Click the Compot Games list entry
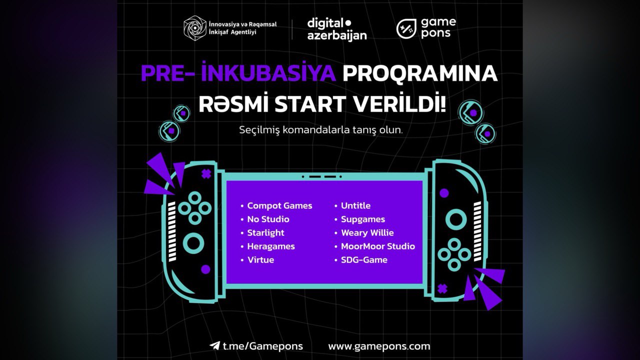pyautogui.click(x=279, y=205)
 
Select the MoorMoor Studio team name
pyautogui.click(x=377, y=246)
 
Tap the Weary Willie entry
pyautogui.click(x=367, y=233)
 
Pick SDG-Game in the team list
pyautogui.click(x=364, y=260)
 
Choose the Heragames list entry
pyautogui.click(x=271, y=246)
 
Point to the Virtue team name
pyautogui.click(x=260, y=260)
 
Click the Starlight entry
pyautogui.click(x=265, y=233)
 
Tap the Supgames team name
pyautogui.click(x=363, y=219)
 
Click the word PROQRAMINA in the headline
pyautogui.click(x=420, y=73)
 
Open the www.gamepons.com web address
pyautogui.click(x=379, y=346)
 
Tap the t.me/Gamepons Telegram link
pyautogui.click(x=262, y=346)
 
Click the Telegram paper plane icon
pyautogui.click(x=214, y=345)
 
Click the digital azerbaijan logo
pyautogui.click(x=337, y=29)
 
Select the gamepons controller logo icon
pyautogui.click(x=406, y=29)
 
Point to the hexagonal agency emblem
pyautogui.click(x=195, y=28)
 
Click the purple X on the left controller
pyautogui.click(x=206, y=174)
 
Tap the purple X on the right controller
pyautogui.click(x=442, y=288)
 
